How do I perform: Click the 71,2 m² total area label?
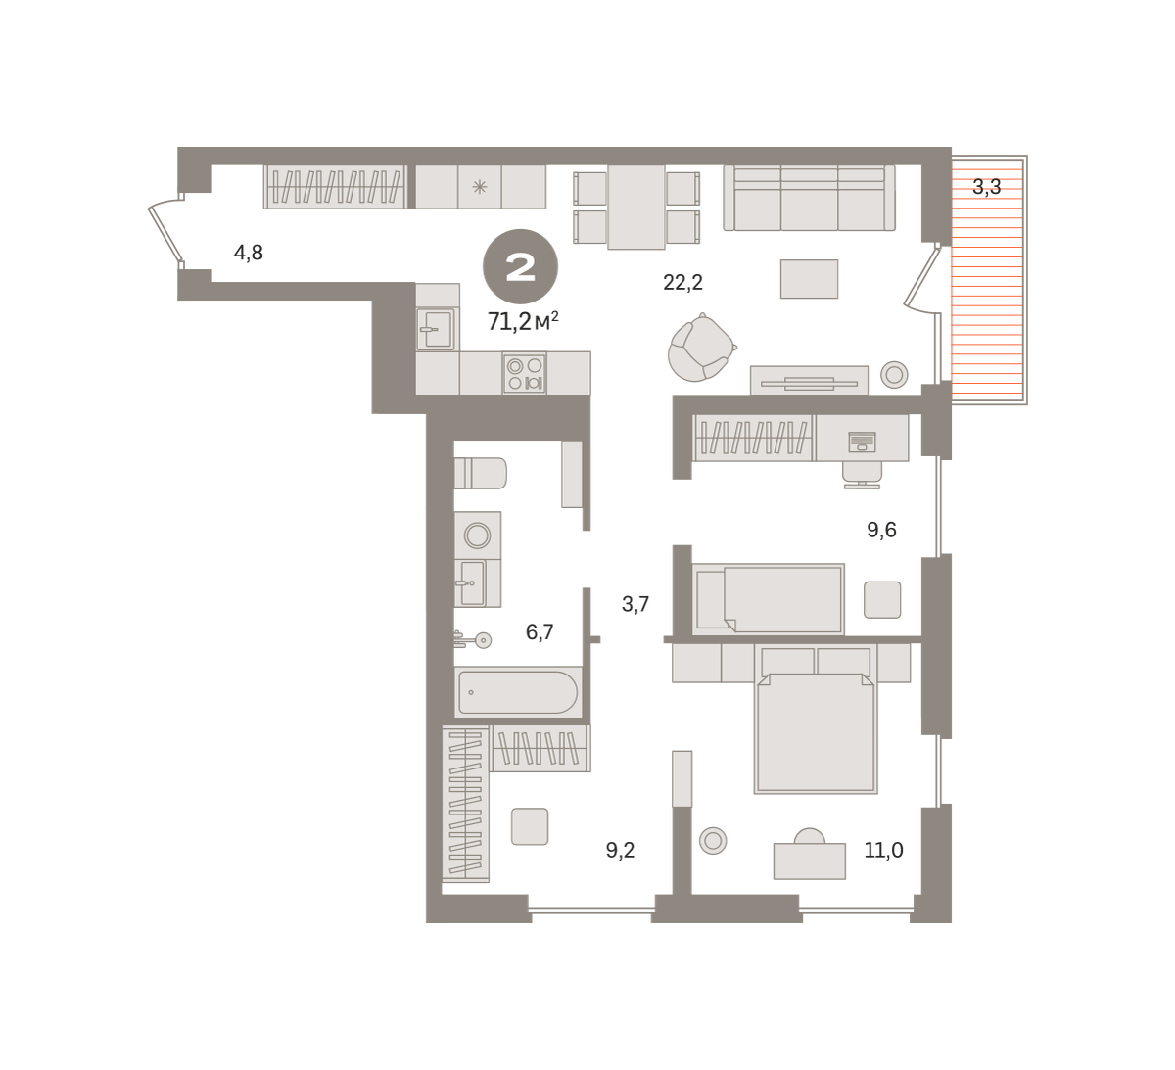point(523,321)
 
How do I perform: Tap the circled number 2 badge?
point(520,267)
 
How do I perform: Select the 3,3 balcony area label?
point(986,187)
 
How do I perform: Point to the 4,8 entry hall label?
point(249,253)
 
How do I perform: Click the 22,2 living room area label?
point(683,282)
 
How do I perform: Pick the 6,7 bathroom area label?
point(540,632)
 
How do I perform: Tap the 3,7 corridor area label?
point(635,604)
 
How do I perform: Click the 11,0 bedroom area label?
point(884,849)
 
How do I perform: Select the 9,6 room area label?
point(881,530)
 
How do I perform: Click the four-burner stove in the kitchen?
point(525,374)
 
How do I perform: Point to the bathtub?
point(518,692)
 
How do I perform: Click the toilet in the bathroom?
point(481,473)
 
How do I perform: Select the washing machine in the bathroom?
point(478,535)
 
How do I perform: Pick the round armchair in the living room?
point(701,348)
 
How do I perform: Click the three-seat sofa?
point(809,198)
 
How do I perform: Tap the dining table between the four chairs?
point(636,208)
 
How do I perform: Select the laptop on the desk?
point(862,442)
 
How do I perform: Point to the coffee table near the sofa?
point(809,279)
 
